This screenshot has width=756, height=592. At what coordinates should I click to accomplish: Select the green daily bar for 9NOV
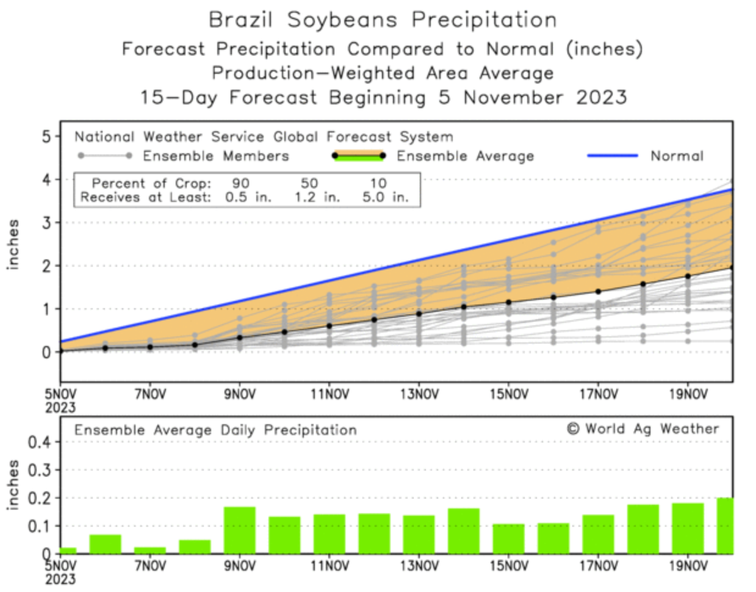coord(240,530)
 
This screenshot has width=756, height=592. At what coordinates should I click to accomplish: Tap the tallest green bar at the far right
coord(725,525)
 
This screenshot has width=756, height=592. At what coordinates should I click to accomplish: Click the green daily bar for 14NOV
coord(464,530)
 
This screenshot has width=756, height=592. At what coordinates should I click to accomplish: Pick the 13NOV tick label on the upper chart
coord(419,394)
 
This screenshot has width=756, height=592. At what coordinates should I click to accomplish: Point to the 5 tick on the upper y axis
coord(47,136)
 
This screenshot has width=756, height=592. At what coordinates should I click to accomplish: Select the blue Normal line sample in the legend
coord(612,156)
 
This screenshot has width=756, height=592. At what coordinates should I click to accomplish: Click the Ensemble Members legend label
coord(215,156)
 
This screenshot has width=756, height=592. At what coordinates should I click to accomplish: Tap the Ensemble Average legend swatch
coord(358,156)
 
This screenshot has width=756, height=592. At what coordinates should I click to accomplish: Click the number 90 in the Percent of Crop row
coord(240,183)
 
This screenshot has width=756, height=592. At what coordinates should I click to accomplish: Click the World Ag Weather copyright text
coord(643,429)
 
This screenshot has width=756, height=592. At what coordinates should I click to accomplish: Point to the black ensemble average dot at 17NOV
coord(599,292)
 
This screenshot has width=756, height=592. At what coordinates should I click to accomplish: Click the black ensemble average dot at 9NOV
coord(240,338)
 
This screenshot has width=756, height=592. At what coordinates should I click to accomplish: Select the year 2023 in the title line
coord(601,98)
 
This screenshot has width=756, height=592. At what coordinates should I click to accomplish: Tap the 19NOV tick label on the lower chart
coord(688,566)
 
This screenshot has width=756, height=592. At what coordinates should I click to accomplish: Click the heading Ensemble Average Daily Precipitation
coord(215,430)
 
